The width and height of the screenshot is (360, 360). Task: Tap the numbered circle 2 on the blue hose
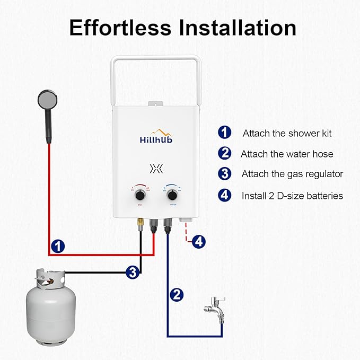tap(177, 294)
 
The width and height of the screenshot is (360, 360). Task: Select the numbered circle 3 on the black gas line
tap(133, 273)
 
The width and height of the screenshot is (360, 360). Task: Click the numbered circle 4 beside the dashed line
tap(198, 241)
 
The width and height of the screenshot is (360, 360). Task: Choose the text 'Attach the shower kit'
tap(287, 133)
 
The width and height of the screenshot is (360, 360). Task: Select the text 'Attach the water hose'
tap(287, 154)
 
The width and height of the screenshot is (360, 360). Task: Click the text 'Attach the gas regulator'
tap(292, 174)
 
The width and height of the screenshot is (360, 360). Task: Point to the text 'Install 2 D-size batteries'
tap(292, 196)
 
